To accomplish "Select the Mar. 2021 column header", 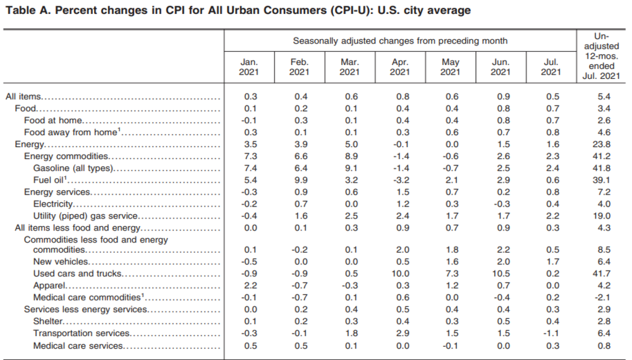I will click(x=349, y=67).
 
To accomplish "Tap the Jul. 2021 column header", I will click(x=551, y=67).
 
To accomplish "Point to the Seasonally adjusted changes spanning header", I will click(x=400, y=41).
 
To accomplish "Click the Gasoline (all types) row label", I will click(x=73, y=167).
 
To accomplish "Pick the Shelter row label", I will click(x=48, y=321).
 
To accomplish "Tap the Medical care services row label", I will click(x=78, y=345).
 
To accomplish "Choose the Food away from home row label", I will click(x=71, y=132).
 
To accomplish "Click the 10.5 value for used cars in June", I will click(x=499, y=274).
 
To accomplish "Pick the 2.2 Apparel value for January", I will click(x=249, y=286).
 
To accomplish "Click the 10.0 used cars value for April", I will click(x=399, y=274).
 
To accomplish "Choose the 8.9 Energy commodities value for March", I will click(x=349, y=156).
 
